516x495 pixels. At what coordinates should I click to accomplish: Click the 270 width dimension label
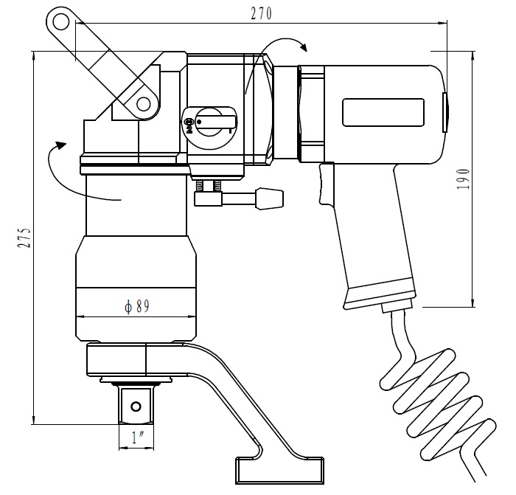262,13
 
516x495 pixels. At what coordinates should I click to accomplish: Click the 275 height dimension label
24,237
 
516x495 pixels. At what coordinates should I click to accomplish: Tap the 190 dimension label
463,179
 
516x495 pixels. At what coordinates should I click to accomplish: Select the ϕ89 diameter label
137,306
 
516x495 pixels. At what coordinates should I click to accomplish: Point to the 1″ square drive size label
138,437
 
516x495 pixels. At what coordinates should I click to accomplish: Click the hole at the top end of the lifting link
61,23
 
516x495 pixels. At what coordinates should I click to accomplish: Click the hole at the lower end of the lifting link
144,105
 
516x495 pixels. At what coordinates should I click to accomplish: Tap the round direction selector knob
209,122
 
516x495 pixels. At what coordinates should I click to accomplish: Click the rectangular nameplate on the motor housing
383,112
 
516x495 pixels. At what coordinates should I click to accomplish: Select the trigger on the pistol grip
327,183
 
